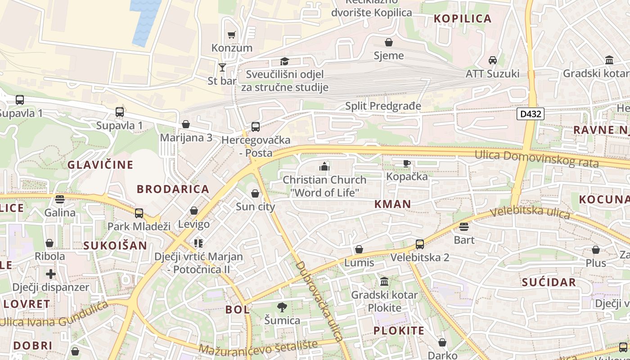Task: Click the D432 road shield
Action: (x=531, y=114)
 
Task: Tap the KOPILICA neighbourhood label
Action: (x=463, y=18)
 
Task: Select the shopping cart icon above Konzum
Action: (x=232, y=35)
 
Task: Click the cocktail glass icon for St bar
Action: (x=222, y=67)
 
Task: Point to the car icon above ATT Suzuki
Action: (x=493, y=60)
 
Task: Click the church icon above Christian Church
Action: (x=324, y=166)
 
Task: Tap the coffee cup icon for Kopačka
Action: (x=407, y=163)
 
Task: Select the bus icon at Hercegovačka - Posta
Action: (x=256, y=127)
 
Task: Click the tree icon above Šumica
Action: (x=282, y=307)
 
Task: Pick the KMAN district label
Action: (x=393, y=204)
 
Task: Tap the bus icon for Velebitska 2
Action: (x=420, y=244)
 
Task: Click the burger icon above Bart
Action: (x=464, y=226)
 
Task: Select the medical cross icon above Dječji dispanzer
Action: (x=51, y=274)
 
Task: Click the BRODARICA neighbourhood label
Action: (x=173, y=189)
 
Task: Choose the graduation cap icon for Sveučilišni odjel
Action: (x=284, y=61)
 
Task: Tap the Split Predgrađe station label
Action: (x=383, y=106)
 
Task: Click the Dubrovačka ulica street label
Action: (x=319, y=301)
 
